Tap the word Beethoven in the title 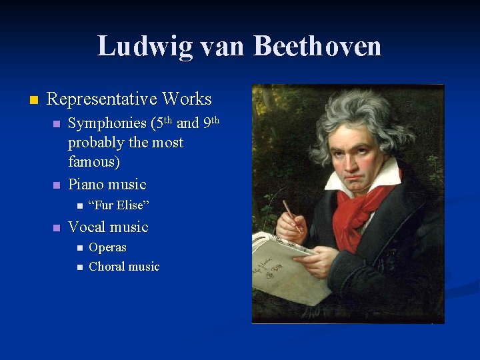(317, 47)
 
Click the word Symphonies (107, 123)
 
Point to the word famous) (93, 162)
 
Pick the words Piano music (107, 184)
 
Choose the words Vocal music (108, 227)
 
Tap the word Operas (107, 247)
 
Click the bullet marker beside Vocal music (56, 228)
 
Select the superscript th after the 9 (215, 120)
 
